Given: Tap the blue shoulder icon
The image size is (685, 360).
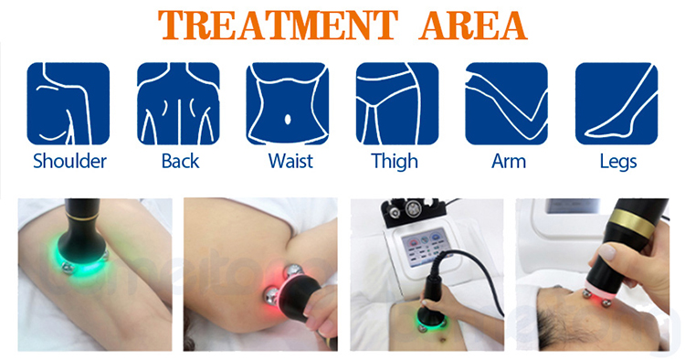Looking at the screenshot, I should (68, 103).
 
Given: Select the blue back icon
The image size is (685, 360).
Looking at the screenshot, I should (179, 103).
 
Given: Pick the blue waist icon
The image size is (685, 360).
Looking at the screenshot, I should (289, 103).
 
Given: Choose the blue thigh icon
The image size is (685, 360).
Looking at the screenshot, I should (397, 103).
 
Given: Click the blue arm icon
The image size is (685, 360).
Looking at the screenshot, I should (506, 103).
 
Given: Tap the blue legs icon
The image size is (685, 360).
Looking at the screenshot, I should (616, 103).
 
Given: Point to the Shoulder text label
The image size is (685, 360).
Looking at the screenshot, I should (69, 162).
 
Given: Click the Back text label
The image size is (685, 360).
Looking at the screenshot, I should (180, 162).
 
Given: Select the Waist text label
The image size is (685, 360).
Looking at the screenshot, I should (290, 162).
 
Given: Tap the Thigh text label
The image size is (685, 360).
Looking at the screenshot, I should (395, 162).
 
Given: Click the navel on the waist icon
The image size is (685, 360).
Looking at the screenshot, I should (289, 117).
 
